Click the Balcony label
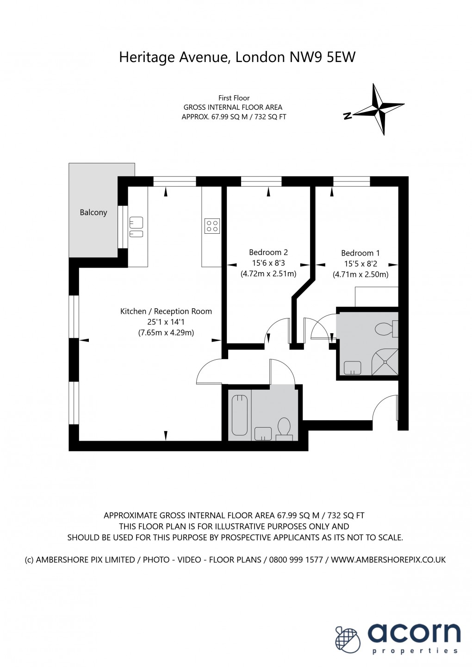tap(93, 212)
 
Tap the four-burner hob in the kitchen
tap(212, 226)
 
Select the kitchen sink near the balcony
tap(136, 227)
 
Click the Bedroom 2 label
tap(268, 252)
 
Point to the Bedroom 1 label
tap(360, 253)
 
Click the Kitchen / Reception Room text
tap(166, 312)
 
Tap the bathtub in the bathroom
tap(240, 415)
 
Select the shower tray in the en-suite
tap(385, 362)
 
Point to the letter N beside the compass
tap(348, 116)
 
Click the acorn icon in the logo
tap(348, 639)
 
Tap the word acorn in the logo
tap(414, 633)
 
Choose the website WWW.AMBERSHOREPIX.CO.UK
tap(388, 560)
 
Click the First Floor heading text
tap(234, 98)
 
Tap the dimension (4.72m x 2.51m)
tap(268, 274)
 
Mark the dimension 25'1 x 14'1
tap(166, 322)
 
